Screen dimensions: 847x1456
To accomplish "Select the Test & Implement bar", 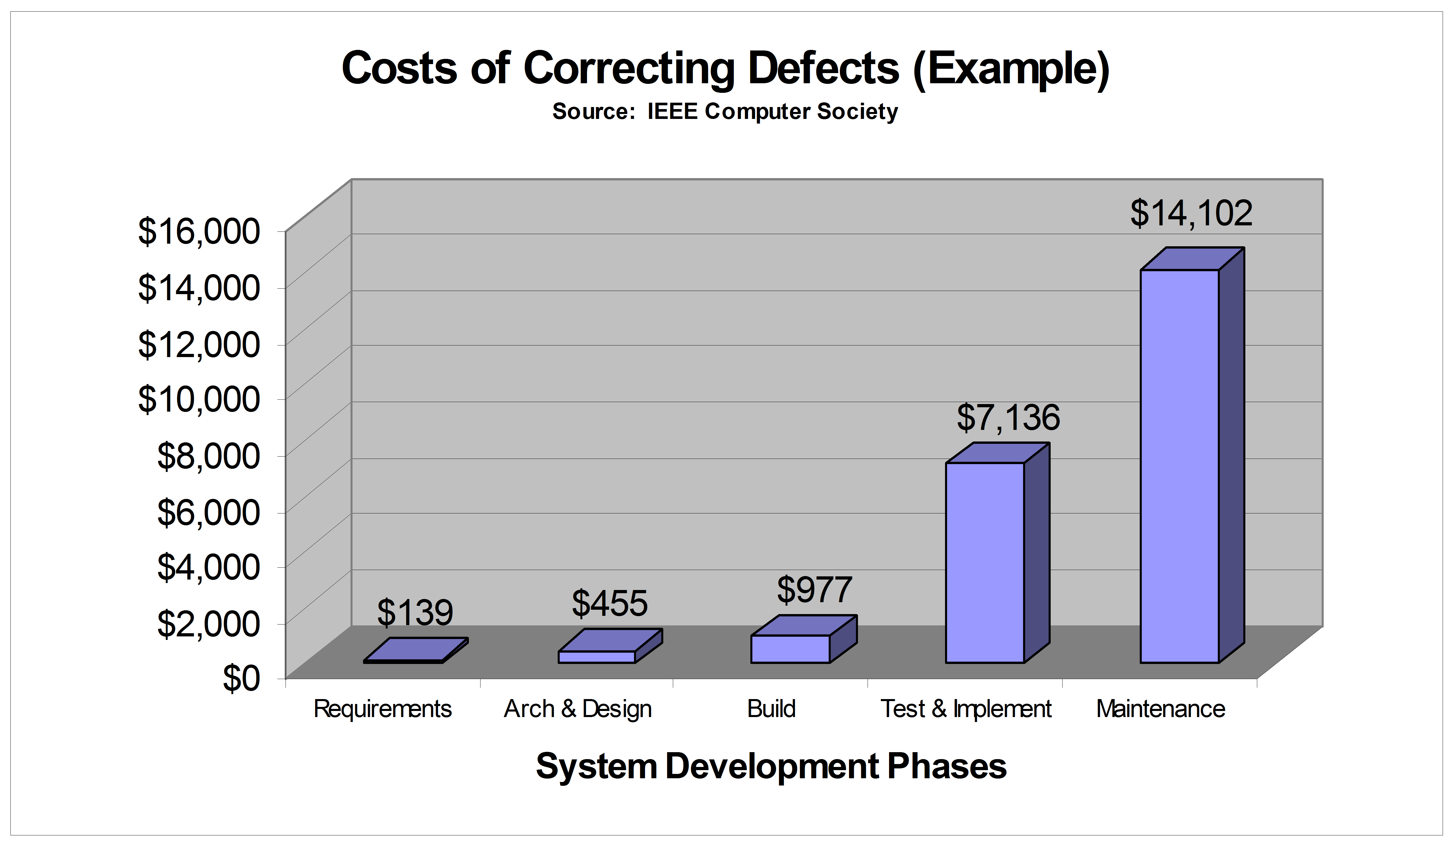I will coord(985,562).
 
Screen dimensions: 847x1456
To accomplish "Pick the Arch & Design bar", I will coord(597,656).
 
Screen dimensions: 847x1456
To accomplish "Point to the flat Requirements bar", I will coord(415,650).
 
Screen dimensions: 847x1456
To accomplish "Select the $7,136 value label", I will coord(1008,418).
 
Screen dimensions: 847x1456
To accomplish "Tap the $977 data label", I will coord(814,590).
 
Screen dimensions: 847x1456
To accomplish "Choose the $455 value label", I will coord(610,604).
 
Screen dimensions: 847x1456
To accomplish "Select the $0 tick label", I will coord(241,678).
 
